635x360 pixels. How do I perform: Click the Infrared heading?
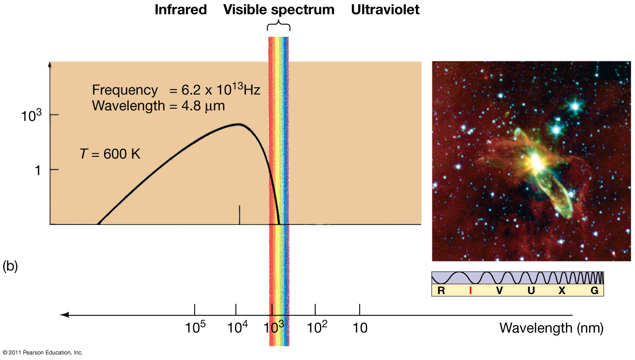(x=180, y=10)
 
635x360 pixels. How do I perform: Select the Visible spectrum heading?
(x=279, y=10)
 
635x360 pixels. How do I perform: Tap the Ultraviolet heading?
(x=385, y=10)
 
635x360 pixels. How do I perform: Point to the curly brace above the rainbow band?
(x=279, y=27)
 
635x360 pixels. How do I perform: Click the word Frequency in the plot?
(x=125, y=90)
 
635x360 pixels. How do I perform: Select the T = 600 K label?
(x=110, y=154)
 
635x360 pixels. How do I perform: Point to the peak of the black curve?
(x=239, y=124)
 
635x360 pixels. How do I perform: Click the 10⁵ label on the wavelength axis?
(x=195, y=326)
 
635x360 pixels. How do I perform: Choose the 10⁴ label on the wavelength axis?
(x=236, y=326)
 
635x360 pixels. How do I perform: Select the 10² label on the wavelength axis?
(x=316, y=326)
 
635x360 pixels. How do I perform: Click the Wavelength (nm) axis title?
(x=551, y=328)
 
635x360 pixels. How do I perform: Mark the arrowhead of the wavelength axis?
(x=65, y=315)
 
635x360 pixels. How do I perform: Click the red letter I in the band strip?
(x=470, y=291)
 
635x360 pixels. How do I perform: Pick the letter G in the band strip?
(x=594, y=291)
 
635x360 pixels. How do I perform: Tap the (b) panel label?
(x=10, y=266)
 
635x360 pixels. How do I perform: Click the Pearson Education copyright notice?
(x=43, y=353)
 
